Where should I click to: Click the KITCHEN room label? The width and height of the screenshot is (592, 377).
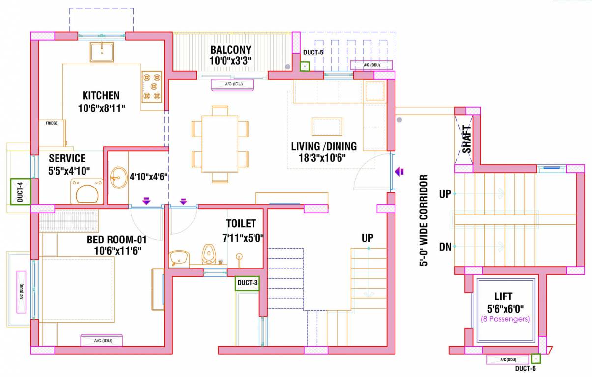[101, 95]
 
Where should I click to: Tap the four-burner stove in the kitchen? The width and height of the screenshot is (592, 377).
[152, 87]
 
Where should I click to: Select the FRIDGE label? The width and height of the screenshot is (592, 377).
[52, 123]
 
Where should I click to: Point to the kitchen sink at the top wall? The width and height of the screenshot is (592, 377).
[102, 52]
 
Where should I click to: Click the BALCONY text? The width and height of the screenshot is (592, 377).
[230, 50]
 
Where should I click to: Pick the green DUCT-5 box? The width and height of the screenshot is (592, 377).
[305, 66]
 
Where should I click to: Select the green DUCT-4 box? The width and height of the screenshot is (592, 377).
[20, 191]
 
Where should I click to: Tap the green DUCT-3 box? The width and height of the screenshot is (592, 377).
[247, 283]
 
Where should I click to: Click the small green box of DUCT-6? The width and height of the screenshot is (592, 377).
[536, 359]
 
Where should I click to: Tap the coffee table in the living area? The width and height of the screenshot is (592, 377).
[327, 127]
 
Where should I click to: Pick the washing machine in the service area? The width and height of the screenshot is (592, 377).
[87, 191]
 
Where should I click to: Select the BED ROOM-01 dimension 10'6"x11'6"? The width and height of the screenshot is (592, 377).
[117, 250]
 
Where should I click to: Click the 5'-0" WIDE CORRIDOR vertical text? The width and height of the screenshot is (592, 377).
[423, 220]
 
